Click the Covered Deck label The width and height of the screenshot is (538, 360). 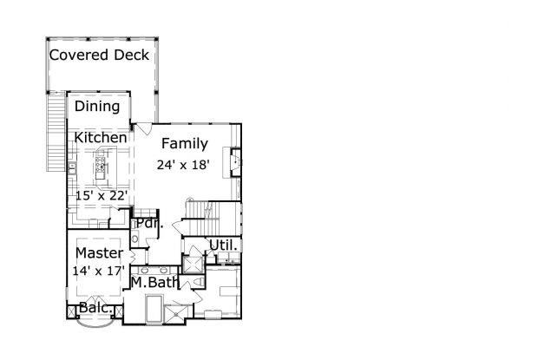pyautogui.click(x=99, y=55)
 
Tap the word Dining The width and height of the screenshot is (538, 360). pyautogui.click(x=97, y=107)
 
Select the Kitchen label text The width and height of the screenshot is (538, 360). pyautogui.click(x=101, y=137)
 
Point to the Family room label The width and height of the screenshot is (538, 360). pyautogui.click(x=185, y=144)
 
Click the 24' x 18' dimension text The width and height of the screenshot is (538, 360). pyautogui.click(x=183, y=165)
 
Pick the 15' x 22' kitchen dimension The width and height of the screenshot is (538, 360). pyautogui.click(x=102, y=196)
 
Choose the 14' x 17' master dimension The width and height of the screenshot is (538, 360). pyautogui.click(x=98, y=271)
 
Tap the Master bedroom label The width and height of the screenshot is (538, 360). pyautogui.click(x=99, y=253)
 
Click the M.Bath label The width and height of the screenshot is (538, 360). pyautogui.click(x=155, y=283)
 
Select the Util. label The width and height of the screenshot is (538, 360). pyautogui.click(x=223, y=245)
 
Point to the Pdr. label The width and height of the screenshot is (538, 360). pyautogui.click(x=149, y=224)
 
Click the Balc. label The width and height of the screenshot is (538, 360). pyautogui.click(x=95, y=308)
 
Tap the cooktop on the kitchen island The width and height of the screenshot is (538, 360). pyautogui.click(x=100, y=164)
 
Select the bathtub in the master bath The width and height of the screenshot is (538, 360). pyautogui.click(x=154, y=308)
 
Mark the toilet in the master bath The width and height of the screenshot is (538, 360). pyautogui.click(x=198, y=283)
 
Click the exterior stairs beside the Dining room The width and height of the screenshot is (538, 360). pyautogui.click(x=56, y=132)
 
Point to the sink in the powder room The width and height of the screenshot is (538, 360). pyautogui.click(x=134, y=239)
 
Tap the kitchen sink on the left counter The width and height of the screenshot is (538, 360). pyautogui.click(x=72, y=168)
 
